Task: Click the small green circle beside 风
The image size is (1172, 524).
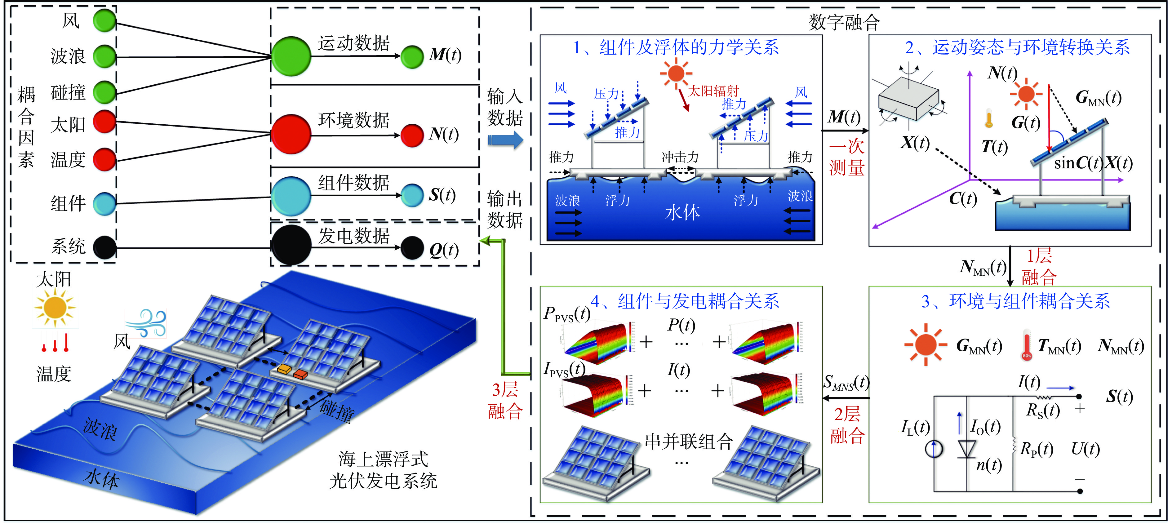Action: tap(105, 20)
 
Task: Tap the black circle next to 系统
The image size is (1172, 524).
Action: tap(105, 248)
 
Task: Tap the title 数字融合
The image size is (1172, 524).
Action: tap(844, 22)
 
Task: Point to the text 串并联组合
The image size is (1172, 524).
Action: tap(689, 441)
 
